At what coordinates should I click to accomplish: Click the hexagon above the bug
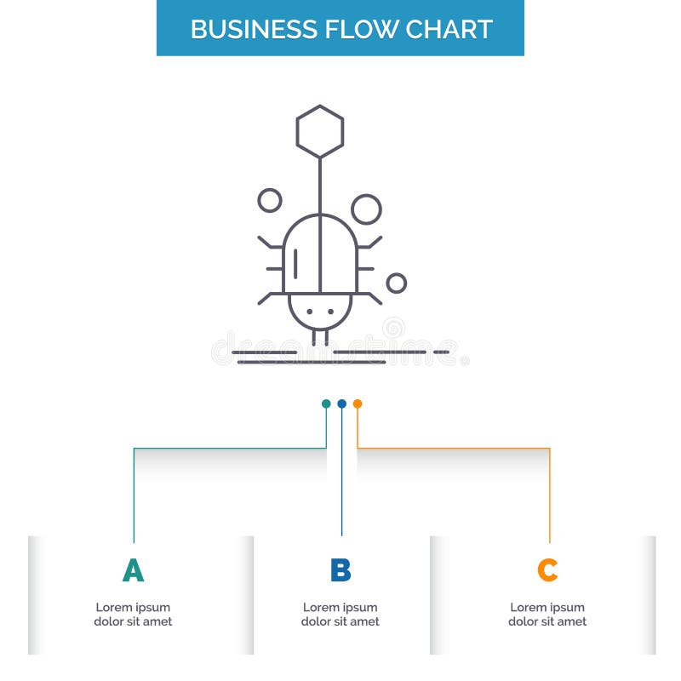click(x=320, y=131)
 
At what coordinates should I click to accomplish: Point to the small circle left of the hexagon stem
click(x=269, y=200)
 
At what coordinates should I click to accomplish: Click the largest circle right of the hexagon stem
click(x=366, y=209)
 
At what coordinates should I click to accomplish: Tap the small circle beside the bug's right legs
click(x=396, y=283)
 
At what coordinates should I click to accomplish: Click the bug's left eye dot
click(x=309, y=312)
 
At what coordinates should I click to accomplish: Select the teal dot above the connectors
click(x=326, y=403)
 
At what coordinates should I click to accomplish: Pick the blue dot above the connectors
click(x=341, y=403)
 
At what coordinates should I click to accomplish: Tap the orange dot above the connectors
click(x=358, y=403)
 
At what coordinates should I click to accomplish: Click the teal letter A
click(x=133, y=570)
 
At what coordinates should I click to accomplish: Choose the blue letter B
click(x=340, y=570)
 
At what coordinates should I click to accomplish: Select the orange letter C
click(x=547, y=570)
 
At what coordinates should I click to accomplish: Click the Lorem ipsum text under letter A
click(x=133, y=615)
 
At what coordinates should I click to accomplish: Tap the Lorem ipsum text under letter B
click(x=340, y=615)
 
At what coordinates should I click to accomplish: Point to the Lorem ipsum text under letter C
click(x=547, y=615)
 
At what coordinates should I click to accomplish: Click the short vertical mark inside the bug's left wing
click(x=295, y=264)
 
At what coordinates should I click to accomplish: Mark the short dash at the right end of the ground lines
click(x=441, y=352)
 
